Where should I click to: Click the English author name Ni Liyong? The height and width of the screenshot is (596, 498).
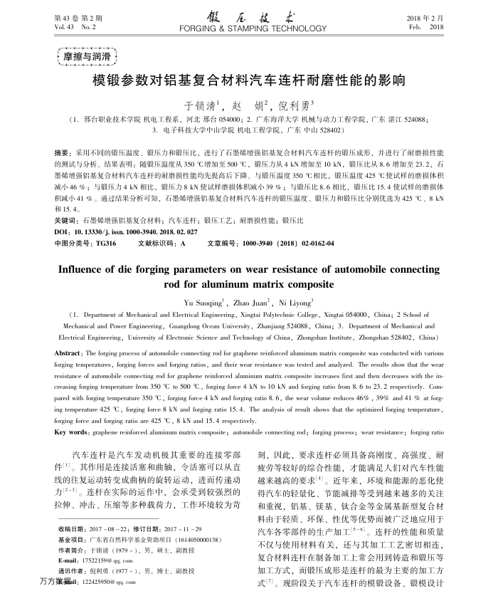[289, 302]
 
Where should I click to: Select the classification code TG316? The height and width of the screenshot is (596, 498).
[105, 243]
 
